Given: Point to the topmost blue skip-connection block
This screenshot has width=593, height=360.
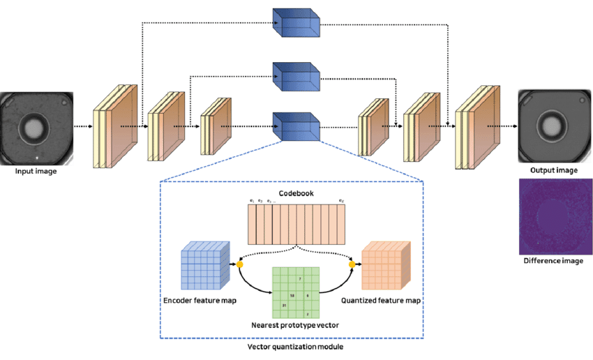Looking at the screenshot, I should coord(296,24).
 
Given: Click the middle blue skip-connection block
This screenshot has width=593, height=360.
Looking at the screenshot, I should coord(296,76).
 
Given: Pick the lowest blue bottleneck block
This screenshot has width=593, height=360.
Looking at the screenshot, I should coord(296,127).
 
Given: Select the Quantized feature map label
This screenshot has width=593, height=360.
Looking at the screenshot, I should coord(381,302).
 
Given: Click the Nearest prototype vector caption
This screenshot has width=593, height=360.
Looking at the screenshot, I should coord(295,326).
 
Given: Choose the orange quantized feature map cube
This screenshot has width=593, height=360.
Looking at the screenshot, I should coord(384,266).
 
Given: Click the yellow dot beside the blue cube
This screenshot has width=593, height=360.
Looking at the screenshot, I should coord(240,264).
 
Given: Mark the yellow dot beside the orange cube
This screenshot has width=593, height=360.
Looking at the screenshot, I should coord(352,264).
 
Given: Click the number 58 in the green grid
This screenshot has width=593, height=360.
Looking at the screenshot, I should coord(292,297).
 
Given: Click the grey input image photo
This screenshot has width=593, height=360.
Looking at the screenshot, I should coord(35,127).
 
